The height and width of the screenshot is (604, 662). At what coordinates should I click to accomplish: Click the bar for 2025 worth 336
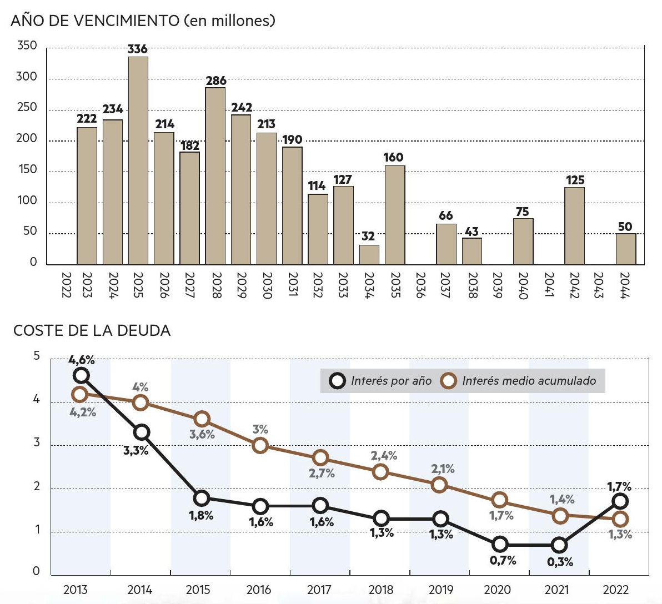click(x=138, y=160)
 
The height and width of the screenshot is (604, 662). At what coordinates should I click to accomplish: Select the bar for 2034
click(x=369, y=255)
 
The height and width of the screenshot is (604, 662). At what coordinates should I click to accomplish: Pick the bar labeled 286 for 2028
click(x=215, y=176)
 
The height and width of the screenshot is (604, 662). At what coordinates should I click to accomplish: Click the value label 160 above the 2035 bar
click(x=393, y=157)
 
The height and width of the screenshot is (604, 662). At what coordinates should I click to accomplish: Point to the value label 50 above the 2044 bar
click(x=625, y=226)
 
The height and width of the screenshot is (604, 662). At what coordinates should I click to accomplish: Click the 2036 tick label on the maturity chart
click(x=420, y=285)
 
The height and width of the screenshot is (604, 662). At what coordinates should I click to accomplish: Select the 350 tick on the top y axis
click(x=27, y=46)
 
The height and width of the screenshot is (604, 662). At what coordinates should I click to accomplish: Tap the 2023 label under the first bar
click(x=87, y=285)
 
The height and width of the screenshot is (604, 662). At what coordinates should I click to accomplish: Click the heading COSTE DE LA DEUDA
click(x=92, y=331)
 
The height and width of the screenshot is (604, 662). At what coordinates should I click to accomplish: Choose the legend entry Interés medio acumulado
click(x=519, y=381)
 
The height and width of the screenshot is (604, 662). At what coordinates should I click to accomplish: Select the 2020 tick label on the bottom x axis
click(x=497, y=590)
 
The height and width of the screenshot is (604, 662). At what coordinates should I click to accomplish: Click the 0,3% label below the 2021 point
click(x=560, y=562)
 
